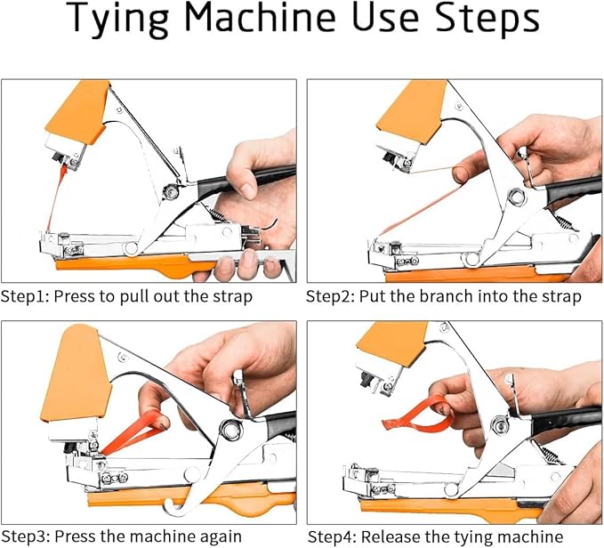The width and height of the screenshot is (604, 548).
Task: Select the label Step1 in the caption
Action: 25,296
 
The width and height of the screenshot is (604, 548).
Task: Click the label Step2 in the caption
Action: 331,296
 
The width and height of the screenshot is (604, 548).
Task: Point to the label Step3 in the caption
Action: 25,536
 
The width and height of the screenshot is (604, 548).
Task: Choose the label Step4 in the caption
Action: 332,536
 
